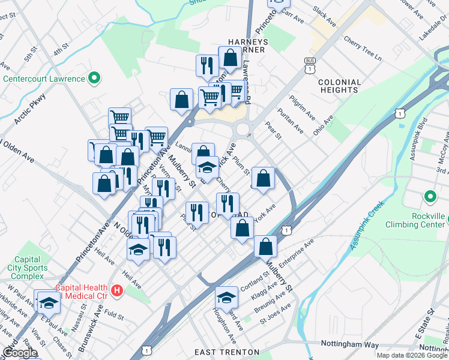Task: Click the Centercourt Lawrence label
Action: coord(44,79)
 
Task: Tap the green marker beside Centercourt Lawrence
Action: coord(94,78)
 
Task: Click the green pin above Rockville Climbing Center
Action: coord(430,196)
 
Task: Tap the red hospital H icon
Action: coord(117,291)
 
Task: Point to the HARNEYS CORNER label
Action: coord(247,46)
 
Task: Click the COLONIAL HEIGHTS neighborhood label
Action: coord(340,86)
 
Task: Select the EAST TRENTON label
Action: coord(228,352)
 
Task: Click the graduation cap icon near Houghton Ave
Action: coord(226,298)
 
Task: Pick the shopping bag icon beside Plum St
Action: coord(263,178)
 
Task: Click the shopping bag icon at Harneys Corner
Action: coord(231,59)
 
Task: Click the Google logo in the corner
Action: coord(19,353)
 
